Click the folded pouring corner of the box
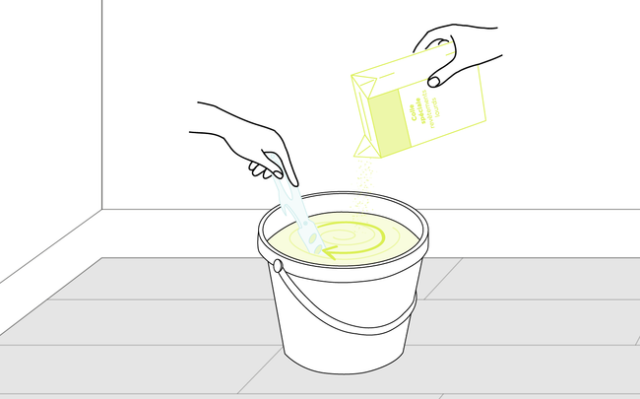(x=363, y=147)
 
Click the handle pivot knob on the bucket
(x=278, y=266)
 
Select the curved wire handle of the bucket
(x=345, y=317)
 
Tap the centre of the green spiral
(x=350, y=236)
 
